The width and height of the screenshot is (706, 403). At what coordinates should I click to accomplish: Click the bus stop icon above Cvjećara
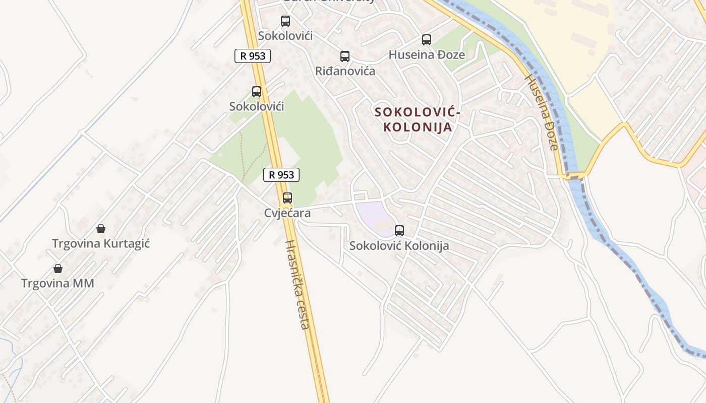287,198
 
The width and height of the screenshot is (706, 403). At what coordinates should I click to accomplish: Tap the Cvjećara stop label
287,214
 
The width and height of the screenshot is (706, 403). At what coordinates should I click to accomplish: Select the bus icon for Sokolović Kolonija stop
399,231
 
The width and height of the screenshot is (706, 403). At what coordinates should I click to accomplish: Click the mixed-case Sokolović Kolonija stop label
399,246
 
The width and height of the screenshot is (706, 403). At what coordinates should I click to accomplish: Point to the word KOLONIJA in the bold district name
418,127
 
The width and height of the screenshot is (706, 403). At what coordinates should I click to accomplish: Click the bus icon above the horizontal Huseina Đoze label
427,40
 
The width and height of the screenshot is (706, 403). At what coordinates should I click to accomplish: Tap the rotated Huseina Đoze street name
543,113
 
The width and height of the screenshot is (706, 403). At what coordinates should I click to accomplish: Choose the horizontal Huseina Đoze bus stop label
427,55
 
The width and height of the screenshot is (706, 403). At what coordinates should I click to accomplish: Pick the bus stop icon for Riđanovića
345,56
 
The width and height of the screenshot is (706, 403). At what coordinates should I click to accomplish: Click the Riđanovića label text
345,71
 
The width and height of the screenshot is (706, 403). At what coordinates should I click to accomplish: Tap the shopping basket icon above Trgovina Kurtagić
101,229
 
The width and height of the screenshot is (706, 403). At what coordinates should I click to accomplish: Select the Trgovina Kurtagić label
101,244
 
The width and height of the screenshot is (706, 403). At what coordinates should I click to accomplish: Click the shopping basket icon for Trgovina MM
58,268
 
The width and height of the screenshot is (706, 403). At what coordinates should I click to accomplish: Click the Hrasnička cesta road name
297,285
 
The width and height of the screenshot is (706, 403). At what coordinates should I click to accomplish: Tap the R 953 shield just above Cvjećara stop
281,175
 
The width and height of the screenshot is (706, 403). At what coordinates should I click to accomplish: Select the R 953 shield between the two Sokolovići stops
253,56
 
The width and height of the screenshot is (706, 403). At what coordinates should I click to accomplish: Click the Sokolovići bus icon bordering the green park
257,92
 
